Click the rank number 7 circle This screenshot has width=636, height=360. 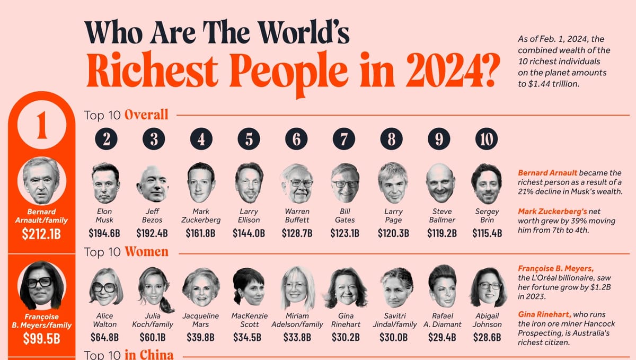tap(344, 139)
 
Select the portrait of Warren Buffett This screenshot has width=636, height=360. tap(297, 183)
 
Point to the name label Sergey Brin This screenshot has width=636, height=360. tap(487, 216)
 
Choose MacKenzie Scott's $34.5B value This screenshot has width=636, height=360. tap(249, 337)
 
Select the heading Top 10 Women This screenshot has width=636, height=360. tap(126, 252)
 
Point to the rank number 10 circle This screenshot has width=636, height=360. tap(487, 139)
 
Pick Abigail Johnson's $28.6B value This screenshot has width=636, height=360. tap(487, 337)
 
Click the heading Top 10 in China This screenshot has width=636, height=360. tap(129, 355)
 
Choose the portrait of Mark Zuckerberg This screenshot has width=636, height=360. tap(201, 183)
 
